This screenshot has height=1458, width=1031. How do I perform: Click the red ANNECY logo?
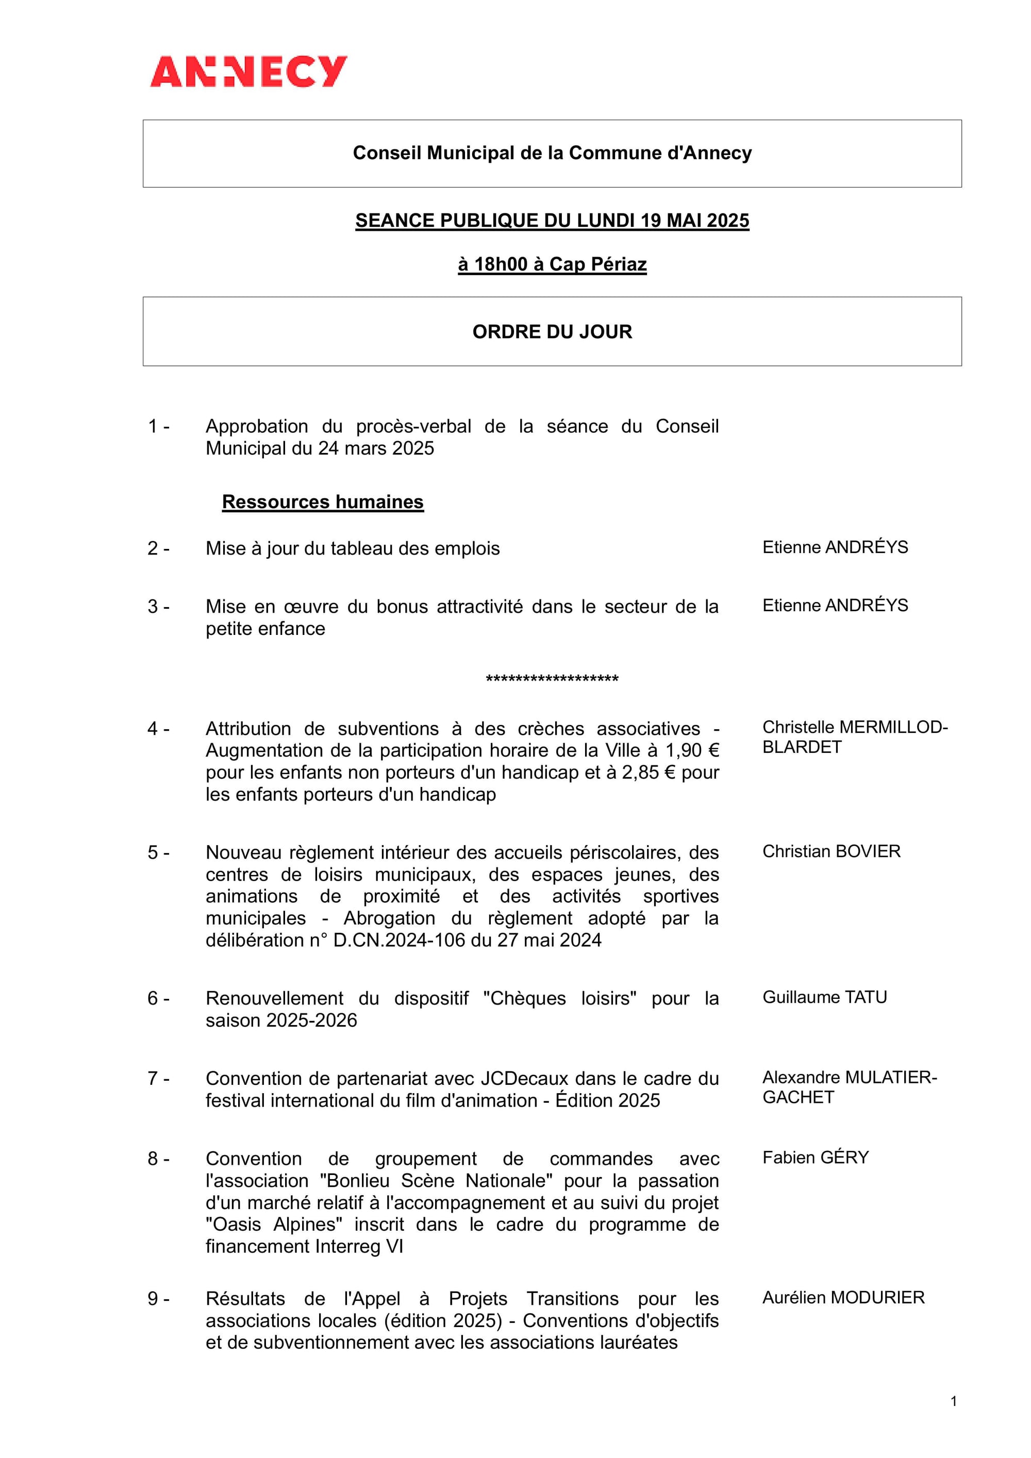pos(248,71)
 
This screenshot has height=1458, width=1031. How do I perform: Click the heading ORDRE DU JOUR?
pos(552,331)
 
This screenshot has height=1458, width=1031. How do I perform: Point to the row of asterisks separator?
pos(552,679)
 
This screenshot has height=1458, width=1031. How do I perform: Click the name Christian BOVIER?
pos(831,851)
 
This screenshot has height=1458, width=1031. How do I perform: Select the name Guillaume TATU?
pos(825,997)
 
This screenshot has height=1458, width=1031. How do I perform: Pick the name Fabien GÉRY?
pos(815,1157)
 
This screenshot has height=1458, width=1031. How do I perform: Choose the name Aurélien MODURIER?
pos(843,1297)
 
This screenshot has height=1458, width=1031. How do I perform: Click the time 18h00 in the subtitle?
pos(501,264)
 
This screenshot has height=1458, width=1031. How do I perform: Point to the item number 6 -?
pos(158,998)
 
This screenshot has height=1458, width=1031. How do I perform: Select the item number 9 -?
pos(158,1299)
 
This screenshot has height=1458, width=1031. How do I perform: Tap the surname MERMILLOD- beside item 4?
pos(893,727)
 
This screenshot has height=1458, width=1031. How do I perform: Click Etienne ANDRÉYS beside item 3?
pos(835,605)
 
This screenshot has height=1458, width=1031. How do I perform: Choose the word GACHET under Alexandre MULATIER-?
pos(798,1097)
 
